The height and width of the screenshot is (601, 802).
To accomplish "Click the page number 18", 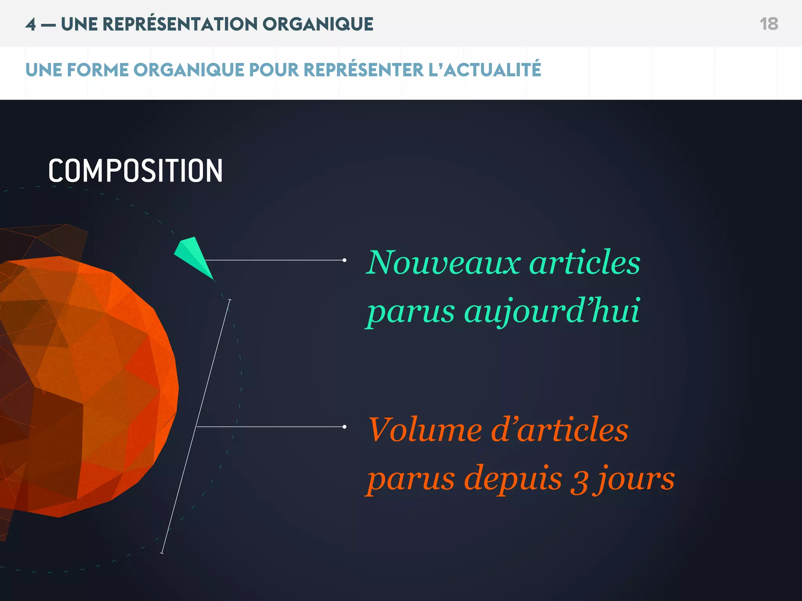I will point(769,24).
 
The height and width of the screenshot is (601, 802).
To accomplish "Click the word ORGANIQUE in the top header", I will point(318,24).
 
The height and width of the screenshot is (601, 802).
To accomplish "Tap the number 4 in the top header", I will point(31,24).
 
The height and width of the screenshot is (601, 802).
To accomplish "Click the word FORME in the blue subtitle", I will point(98,70).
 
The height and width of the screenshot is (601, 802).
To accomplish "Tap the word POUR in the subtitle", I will point(274,70).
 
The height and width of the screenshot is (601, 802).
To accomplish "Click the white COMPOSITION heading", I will point(135,171).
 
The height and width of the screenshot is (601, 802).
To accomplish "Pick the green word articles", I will point(585,263).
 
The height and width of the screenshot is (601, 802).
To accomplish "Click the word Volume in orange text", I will point(424,430).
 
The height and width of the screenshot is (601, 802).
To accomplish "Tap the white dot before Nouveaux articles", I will point(344,260).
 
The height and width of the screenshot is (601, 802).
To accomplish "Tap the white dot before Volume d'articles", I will point(344,427).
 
